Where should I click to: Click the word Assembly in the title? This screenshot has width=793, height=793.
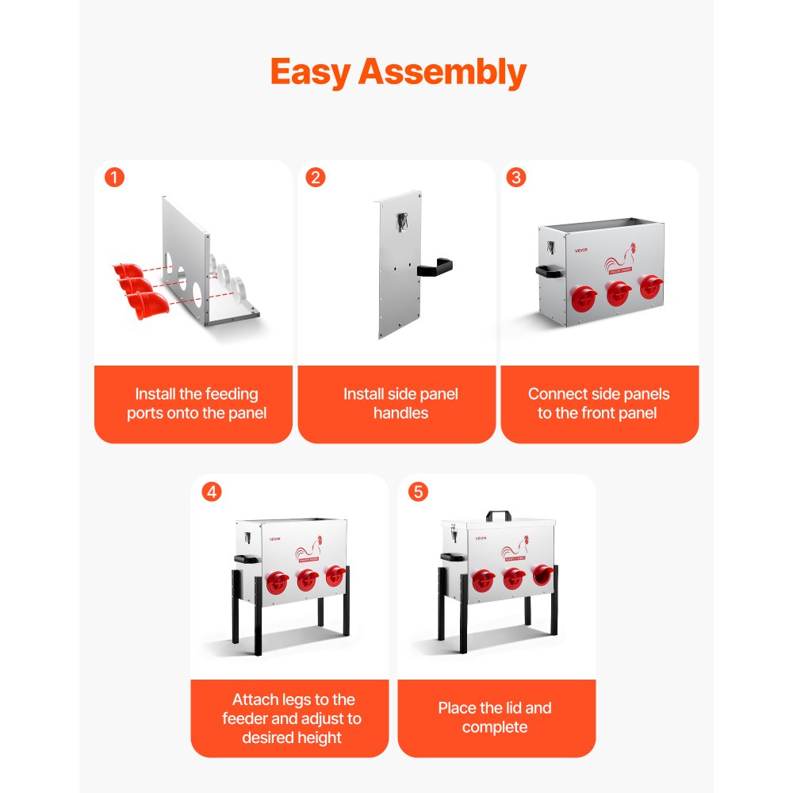click(442, 73)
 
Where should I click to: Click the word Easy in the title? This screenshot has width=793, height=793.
click(311, 72)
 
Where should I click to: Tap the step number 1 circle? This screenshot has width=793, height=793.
click(115, 178)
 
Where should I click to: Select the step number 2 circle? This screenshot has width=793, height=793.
click(316, 178)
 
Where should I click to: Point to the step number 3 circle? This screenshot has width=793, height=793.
click(516, 178)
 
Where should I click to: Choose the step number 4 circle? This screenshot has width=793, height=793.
click(211, 492)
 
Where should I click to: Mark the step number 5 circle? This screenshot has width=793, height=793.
click(418, 492)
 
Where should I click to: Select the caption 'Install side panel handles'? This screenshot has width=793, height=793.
click(400, 404)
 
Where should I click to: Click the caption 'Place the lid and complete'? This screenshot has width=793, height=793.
click(495, 718)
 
